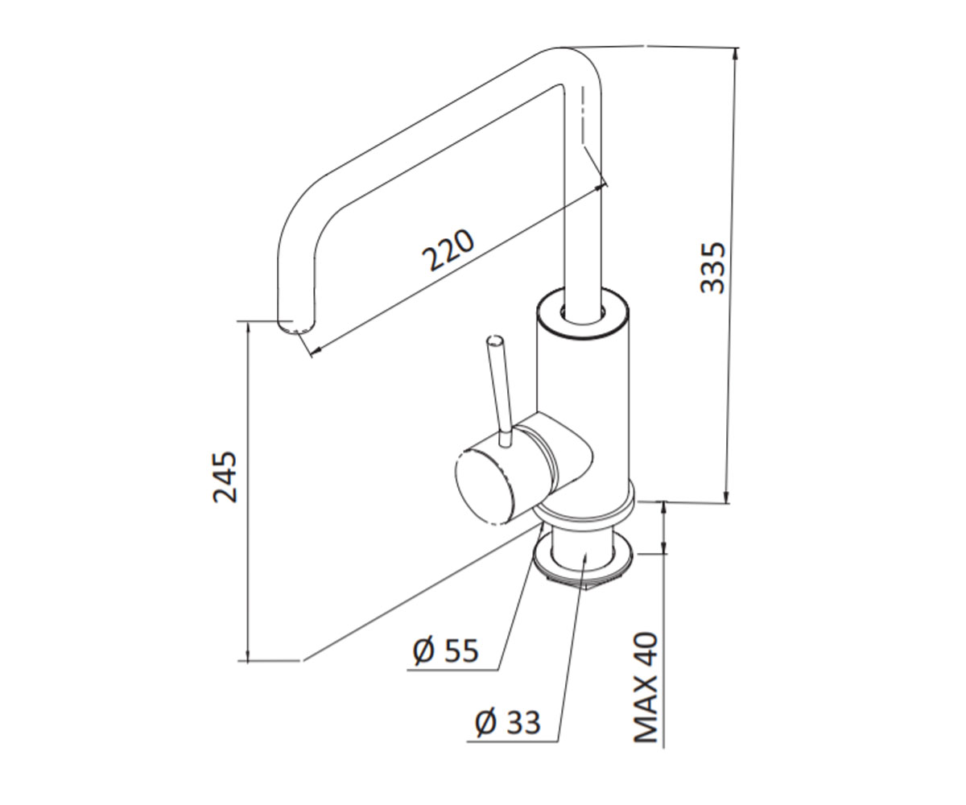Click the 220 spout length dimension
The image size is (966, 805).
click(x=448, y=250)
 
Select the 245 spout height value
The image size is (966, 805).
click(x=225, y=477)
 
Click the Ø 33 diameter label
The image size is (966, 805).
click(x=508, y=722)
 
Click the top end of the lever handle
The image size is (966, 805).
click(x=495, y=341)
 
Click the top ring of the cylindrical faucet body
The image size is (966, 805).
click(x=584, y=313)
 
